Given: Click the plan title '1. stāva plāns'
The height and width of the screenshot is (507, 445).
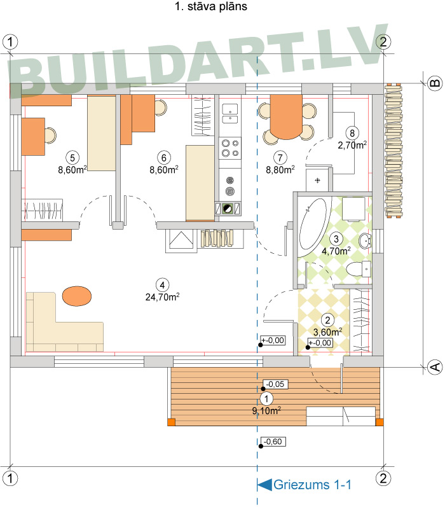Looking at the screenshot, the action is coord(210,6).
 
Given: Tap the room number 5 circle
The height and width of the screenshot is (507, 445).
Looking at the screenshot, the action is coord(72,158).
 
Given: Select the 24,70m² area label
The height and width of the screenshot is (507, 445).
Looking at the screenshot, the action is coord(162,297).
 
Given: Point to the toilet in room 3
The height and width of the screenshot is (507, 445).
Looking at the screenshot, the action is coord(358,269).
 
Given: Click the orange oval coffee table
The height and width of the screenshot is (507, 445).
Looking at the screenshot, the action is coord(76,296).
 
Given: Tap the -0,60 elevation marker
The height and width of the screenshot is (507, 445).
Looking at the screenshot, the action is coord(273,441).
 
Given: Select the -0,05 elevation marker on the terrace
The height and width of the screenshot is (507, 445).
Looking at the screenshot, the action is coord(275,384).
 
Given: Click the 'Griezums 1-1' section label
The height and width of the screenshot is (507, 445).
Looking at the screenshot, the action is coord(312,485).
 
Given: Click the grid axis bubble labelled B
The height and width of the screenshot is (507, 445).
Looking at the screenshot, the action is coord(435,83).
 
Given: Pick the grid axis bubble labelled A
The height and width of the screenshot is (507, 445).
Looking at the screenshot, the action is coord(435,367).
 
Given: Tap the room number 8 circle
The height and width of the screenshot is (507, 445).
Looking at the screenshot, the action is coord(352,133).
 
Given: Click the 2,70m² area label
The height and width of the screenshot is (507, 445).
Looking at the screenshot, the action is coord(352,145).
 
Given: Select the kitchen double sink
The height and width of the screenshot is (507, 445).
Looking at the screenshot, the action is coord(229,113).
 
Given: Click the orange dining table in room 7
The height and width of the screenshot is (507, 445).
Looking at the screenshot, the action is coord(286,116).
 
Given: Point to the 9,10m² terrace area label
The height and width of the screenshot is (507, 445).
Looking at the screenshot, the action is coord(266,411).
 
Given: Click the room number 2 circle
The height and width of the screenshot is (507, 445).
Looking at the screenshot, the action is coord(327,320).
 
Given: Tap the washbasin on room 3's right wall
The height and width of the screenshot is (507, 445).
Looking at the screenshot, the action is coord(365,240).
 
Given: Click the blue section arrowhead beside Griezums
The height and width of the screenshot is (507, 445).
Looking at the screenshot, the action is coord(264,485).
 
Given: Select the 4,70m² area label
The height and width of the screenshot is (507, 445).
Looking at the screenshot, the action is coord(336,251).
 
